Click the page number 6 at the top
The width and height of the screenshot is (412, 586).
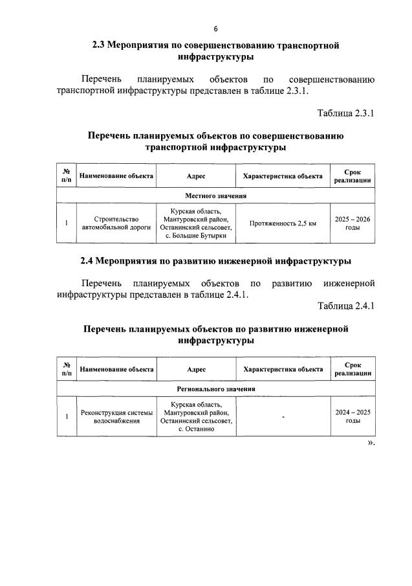pyautogui.click(x=216, y=29)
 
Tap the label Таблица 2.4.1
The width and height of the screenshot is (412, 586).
pyautogui.click(x=346, y=306)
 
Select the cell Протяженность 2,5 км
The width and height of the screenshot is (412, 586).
pyautogui.click(x=283, y=224)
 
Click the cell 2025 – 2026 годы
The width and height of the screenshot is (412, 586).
pyautogui.click(x=352, y=224)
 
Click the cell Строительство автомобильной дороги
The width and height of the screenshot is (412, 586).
pyautogui.click(x=116, y=224)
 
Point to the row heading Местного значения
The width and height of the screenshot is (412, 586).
pyautogui.click(x=216, y=196)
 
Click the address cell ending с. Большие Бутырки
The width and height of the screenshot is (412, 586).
pyautogui.click(x=195, y=224)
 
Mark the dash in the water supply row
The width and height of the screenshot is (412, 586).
pyautogui.click(x=283, y=417)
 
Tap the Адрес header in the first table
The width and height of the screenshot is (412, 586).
pyautogui.click(x=195, y=176)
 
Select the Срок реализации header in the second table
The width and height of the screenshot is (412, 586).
pyautogui.click(x=352, y=369)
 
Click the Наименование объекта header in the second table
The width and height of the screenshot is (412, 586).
pyautogui.click(x=116, y=369)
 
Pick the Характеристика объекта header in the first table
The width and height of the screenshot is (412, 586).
pyautogui.click(x=283, y=176)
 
